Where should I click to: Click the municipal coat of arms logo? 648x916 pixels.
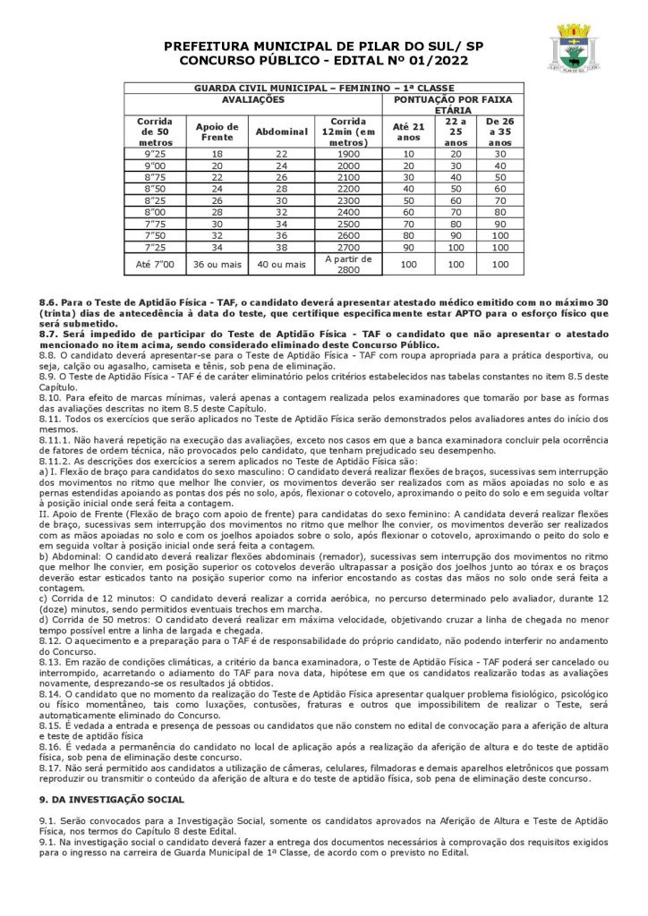[576, 47]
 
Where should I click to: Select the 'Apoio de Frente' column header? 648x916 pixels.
[217, 131]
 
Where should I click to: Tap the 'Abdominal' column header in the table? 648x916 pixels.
[281, 131]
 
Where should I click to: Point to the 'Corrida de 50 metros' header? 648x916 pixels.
[154, 131]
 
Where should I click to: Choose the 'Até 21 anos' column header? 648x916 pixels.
[408, 131]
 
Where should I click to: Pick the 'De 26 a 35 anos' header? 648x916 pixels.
[500, 131]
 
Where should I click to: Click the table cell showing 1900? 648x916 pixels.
[348, 154]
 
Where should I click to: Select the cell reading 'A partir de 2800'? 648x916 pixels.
[348, 264]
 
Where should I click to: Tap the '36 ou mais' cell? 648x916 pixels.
[217, 264]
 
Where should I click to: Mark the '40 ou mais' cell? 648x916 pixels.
[281, 264]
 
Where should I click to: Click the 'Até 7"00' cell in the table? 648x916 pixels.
[154, 264]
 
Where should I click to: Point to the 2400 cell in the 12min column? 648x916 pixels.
[348, 212]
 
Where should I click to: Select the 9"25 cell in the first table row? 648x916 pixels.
[154, 154]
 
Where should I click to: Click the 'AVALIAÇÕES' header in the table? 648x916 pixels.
[253, 98]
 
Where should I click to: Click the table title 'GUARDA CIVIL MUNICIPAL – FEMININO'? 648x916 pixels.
[322, 88]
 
